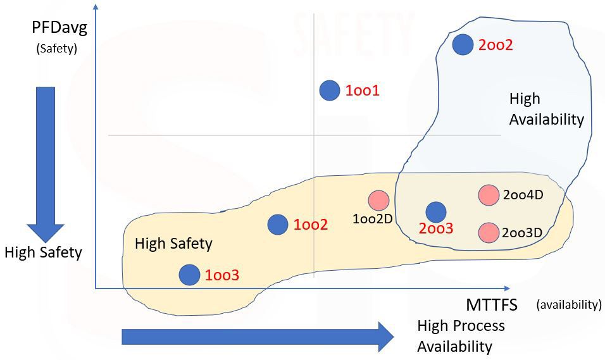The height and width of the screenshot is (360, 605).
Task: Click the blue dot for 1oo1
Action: pyautogui.click(x=329, y=90)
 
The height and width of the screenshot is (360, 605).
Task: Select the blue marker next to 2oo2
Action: pyautogui.click(x=463, y=44)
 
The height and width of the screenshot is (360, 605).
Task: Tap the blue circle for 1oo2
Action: pyautogui.click(x=278, y=224)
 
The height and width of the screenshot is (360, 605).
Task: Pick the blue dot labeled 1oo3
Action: pyautogui.click(x=189, y=275)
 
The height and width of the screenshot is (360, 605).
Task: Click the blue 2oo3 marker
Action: pyautogui.click(x=435, y=212)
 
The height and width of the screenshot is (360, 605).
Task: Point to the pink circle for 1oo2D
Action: pyautogui.click(x=379, y=200)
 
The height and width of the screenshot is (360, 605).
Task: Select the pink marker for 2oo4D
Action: pyautogui.click(x=488, y=195)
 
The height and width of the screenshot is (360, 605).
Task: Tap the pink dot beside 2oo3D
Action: pyautogui.click(x=488, y=232)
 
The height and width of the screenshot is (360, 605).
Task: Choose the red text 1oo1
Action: pyautogui.click(x=362, y=91)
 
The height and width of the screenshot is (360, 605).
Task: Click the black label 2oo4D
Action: pyautogui.click(x=523, y=195)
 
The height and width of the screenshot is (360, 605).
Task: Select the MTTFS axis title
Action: pyautogui.click(x=492, y=305)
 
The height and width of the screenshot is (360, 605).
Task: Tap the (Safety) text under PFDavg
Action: pyautogui.click(x=56, y=48)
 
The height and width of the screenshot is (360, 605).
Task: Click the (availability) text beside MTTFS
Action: pyautogui.click(x=568, y=305)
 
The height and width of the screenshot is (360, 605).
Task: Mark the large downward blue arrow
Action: pyautogui.click(x=46, y=161)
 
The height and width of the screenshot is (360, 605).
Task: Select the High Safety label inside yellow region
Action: pyautogui.click(x=173, y=243)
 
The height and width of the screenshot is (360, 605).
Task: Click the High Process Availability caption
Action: pyautogui.click(x=461, y=336)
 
